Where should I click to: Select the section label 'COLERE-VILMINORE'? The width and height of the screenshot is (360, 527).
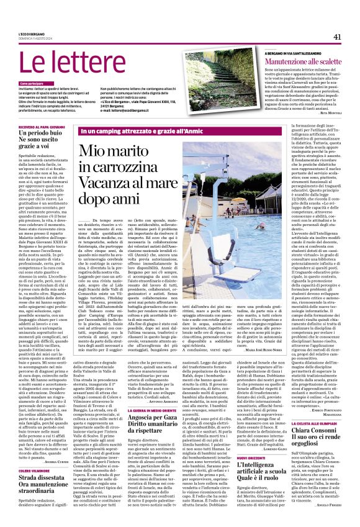pyautogui.click(x=35, y=471)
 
